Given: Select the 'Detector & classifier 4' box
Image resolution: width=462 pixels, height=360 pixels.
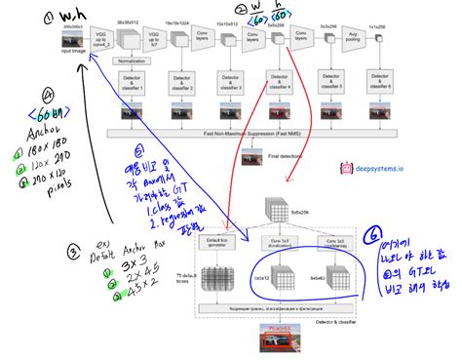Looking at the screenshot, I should point(282,83).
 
